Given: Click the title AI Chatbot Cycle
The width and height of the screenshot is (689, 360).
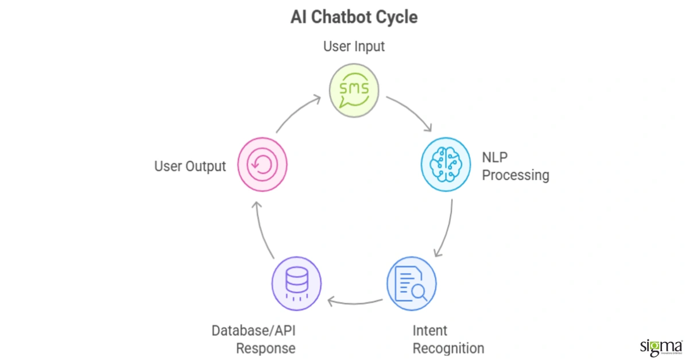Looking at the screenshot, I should pos(354,17).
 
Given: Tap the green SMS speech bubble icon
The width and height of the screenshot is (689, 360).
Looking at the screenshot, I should pos(354,90).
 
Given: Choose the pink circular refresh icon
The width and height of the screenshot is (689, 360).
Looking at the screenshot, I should pos(262,164).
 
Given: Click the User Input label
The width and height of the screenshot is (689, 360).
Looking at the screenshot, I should pos(354,47).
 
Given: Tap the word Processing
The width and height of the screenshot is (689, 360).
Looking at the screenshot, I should pos(516,175).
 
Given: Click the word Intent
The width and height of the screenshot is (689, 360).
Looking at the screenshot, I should pos(430,331).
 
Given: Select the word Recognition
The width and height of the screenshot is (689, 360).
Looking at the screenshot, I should pos(448,349).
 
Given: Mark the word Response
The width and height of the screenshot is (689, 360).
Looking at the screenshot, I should pos(266,349).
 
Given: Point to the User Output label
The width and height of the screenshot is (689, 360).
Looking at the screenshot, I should pos(190,167).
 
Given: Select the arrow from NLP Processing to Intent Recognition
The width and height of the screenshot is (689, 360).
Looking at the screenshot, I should pos(447,230).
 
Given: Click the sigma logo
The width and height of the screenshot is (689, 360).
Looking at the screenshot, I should pos(660,347).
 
